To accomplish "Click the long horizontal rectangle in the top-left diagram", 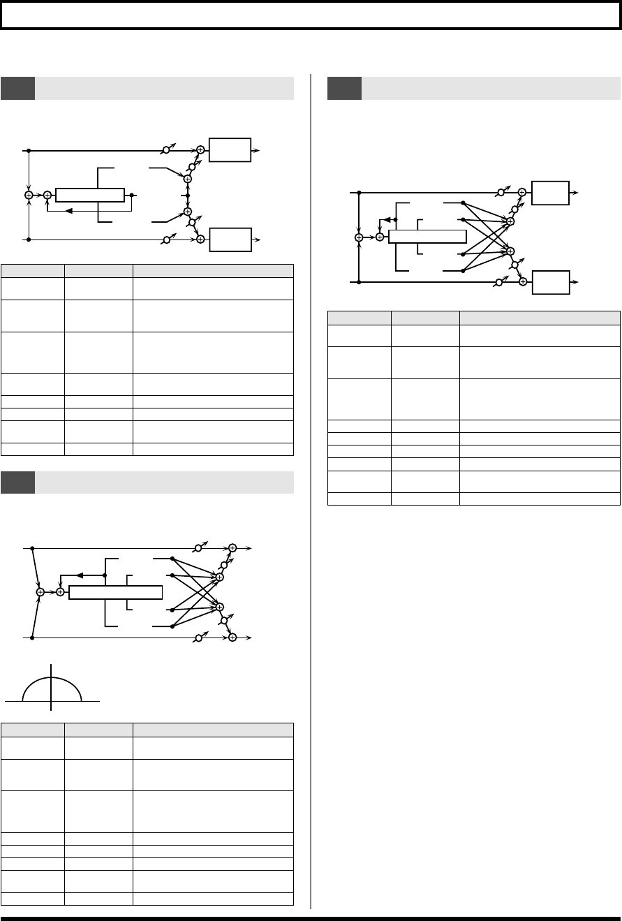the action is (x=89, y=195).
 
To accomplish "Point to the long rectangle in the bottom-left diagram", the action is (x=116, y=592).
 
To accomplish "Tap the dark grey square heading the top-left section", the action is (x=18, y=89).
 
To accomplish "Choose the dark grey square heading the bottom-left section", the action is (x=18, y=482).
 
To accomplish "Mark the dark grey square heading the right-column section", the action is (x=345, y=89).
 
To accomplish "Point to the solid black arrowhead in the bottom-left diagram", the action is (x=80, y=575).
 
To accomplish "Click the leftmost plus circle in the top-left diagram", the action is (x=29, y=195).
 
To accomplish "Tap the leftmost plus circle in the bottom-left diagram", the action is (x=40, y=592).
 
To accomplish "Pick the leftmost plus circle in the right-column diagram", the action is (x=359, y=237).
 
